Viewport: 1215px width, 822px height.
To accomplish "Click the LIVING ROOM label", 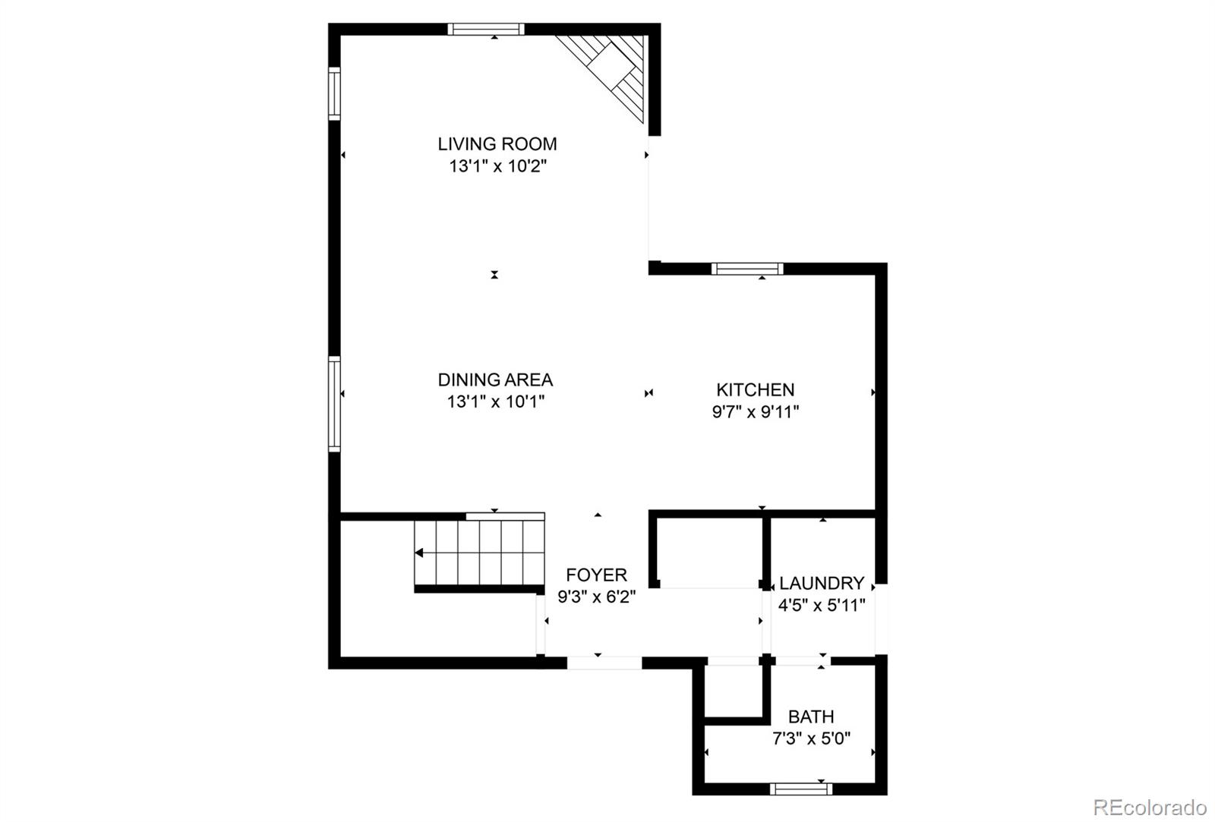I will [497, 144].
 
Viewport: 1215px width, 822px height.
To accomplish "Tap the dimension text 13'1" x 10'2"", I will [497, 166].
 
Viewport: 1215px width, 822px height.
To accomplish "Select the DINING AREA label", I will [495, 380].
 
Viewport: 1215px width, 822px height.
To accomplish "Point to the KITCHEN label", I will [755, 390].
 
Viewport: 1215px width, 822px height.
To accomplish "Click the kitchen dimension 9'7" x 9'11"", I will [755, 412].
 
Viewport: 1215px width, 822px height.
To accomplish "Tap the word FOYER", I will [596, 575].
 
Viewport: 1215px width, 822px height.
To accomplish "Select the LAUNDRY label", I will [822, 584].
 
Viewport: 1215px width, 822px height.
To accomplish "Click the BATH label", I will [811, 716].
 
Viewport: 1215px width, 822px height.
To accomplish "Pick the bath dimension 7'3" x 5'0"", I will [811, 739].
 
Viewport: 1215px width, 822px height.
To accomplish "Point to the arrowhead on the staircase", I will [419, 553].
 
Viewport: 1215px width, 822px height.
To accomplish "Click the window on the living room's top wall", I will [486, 30].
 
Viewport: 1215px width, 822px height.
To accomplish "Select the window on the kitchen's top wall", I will [747, 269].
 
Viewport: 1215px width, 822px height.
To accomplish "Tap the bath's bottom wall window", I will [801, 789].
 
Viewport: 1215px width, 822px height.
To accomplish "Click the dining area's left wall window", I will [334, 405].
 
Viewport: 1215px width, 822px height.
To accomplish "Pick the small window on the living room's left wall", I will [334, 93].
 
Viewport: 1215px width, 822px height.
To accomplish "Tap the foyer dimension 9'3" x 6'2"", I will [596, 597].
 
